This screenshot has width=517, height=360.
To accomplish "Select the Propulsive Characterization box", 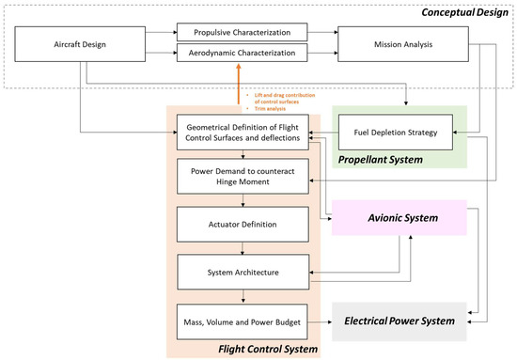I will (x=242, y=33).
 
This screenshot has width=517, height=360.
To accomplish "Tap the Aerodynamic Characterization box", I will (x=242, y=54).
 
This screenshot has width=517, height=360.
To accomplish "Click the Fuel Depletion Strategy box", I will (x=395, y=131).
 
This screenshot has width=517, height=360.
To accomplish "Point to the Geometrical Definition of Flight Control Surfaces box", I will (x=243, y=131).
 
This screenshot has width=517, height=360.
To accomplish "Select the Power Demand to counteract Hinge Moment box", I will (x=243, y=177).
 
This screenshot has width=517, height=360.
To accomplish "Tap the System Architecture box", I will (x=243, y=273).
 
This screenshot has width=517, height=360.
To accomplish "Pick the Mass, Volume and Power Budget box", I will (x=243, y=321).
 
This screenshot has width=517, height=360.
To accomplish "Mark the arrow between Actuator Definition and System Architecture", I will (x=243, y=249).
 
